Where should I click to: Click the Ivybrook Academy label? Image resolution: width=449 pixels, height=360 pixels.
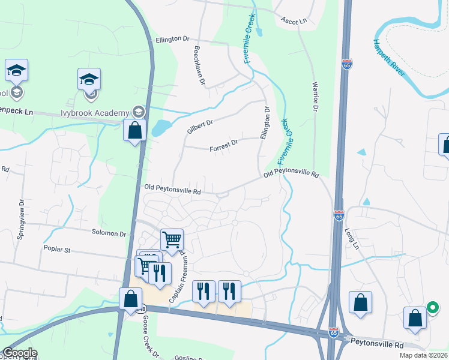coord(95,113)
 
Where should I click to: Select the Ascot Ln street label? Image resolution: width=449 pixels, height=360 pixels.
coord(294,20)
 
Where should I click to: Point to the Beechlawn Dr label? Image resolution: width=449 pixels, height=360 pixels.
coord(199,65)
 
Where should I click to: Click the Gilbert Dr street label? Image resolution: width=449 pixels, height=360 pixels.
coord(200,126)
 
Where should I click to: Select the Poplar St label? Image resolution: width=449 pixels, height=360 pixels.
coord(57,248)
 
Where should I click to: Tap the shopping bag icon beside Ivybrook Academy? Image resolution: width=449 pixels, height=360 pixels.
coord(135,130)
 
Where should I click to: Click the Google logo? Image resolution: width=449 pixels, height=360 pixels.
coord(19,353)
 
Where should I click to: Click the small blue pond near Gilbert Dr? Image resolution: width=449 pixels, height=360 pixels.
coord(160,127)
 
